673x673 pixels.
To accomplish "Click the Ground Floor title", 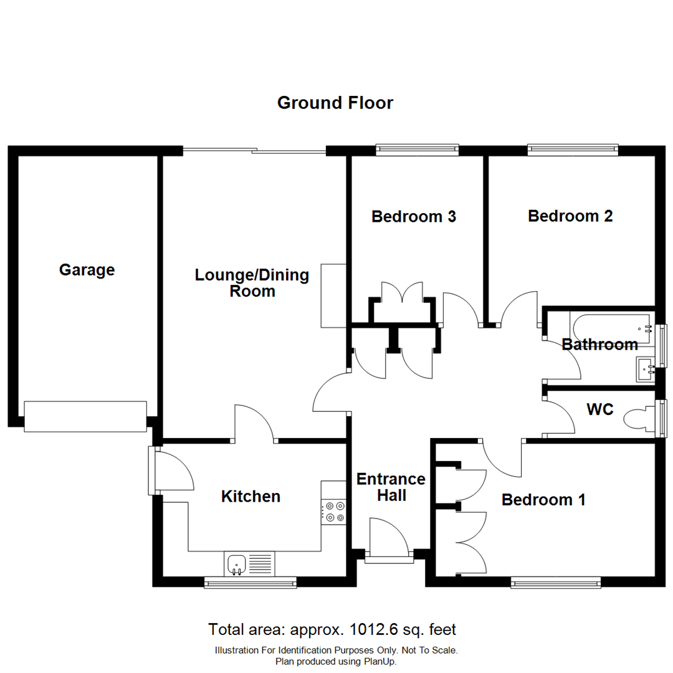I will (335, 103).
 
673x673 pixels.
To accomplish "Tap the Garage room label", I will (87, 270).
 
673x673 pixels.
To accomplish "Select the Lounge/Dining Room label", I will (252, 283).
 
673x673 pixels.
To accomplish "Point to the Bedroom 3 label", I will (414, 217).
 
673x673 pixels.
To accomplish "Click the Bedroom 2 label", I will (570, 216).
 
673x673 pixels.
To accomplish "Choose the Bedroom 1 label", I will (544, 500).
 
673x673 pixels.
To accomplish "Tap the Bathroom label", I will (599, 345).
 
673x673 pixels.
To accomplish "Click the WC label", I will (600, 410).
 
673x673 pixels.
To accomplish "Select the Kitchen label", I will (251, 497).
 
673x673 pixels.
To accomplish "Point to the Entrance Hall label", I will (391, 487).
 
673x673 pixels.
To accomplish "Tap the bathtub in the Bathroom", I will (611, 325).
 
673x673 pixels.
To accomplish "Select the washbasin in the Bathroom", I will (644, 369).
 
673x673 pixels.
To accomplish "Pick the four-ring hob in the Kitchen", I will (333, 512).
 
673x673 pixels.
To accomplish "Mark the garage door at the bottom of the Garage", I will (85, 416).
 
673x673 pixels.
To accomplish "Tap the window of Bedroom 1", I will (556, 583).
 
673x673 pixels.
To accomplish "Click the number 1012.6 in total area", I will (371, 629).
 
